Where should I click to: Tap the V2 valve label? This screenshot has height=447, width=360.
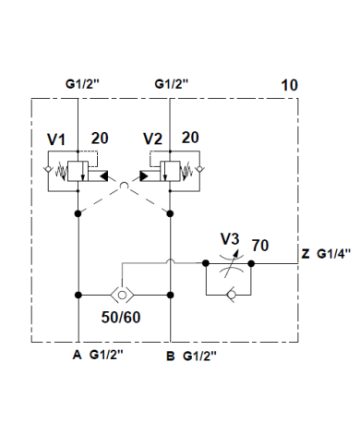154,139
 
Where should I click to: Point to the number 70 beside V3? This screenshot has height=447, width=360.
260,246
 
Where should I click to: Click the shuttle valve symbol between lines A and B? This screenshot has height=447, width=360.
124,295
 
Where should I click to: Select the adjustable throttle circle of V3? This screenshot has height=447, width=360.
230,263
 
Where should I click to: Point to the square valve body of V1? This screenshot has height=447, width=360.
82,170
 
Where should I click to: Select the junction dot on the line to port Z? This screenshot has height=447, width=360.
255,263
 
